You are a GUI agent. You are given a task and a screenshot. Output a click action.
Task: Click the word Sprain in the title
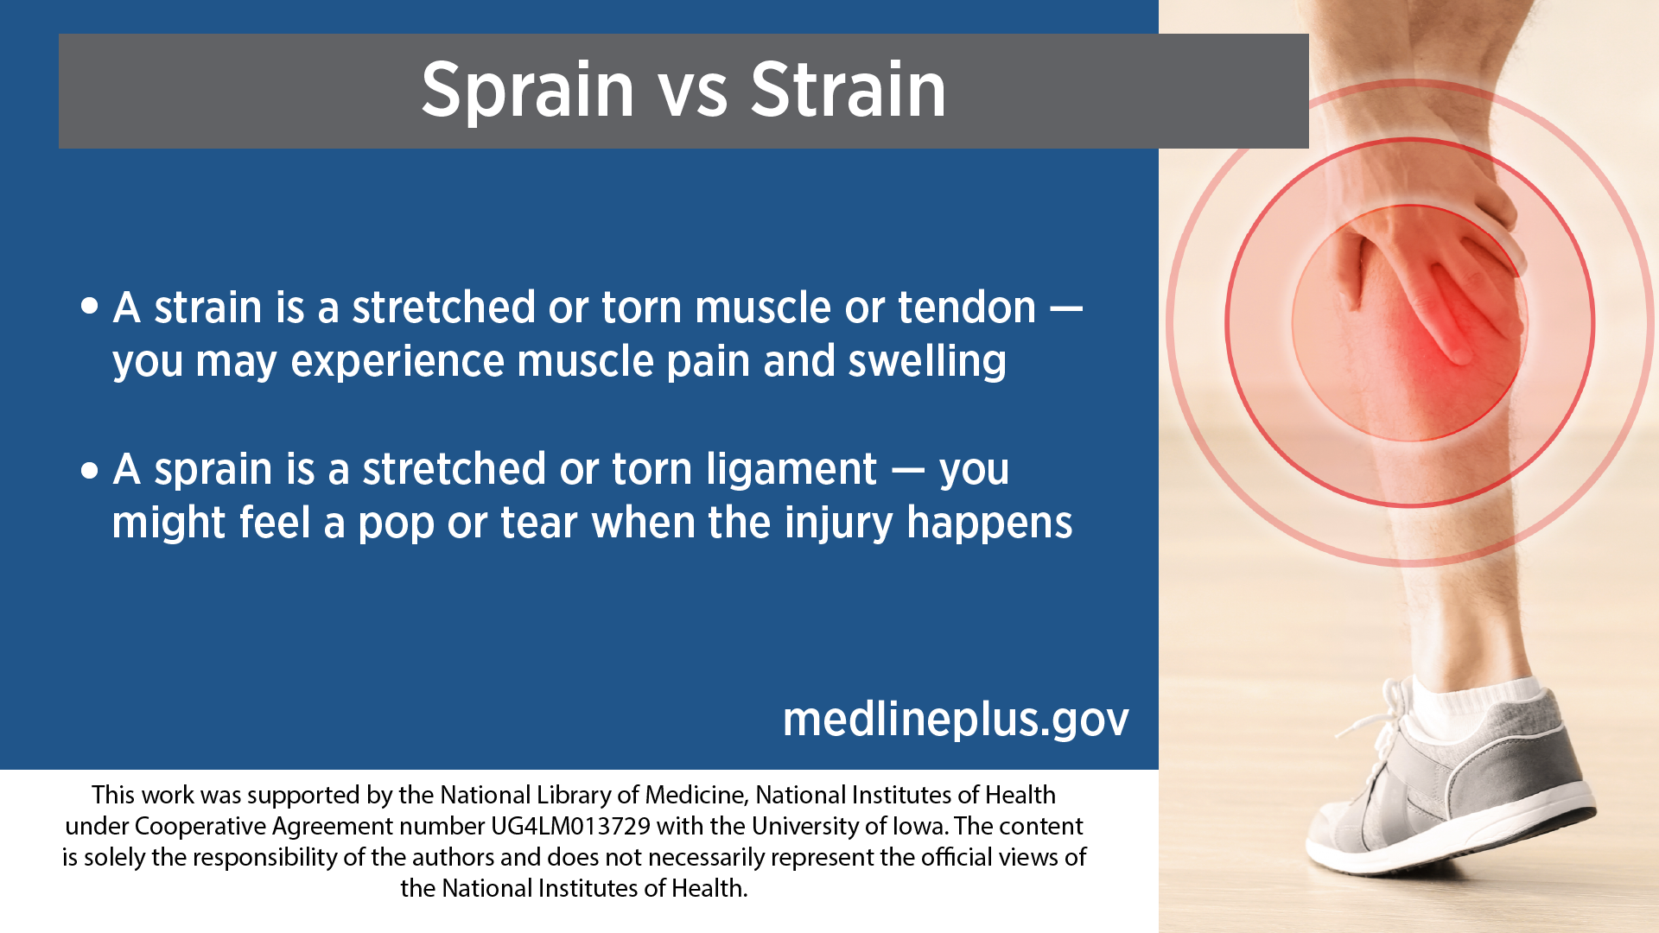(x=528, y=91)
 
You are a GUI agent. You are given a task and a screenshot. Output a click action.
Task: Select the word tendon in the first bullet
(x=967, y=308)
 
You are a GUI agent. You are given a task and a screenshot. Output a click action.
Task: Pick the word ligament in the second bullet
(x=791, y=471)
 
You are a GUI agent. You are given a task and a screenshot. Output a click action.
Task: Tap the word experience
(x=397, y=363)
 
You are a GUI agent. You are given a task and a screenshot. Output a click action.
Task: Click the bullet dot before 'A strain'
(x=90, y=307)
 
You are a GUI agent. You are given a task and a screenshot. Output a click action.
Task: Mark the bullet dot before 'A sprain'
(x=90, y=470)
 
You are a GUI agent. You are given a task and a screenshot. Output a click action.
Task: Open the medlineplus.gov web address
(x=956, y=720)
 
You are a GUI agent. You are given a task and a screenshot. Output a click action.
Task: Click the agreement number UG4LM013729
(x=570, y=827)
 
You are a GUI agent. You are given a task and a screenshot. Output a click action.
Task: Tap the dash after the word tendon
(x=1066, y=308)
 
